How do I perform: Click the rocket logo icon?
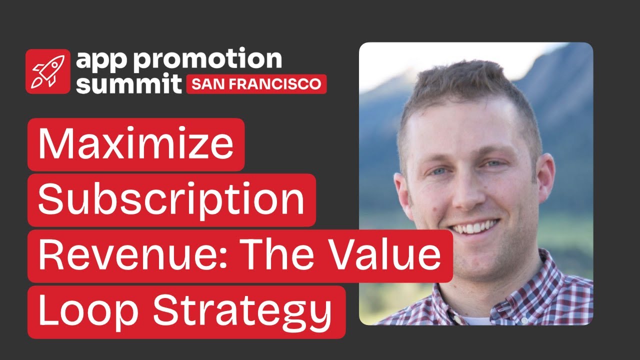point(47,71)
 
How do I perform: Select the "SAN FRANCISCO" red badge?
point(256,84)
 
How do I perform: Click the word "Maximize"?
point(136,144)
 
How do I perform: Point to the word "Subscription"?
point(171,199)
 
